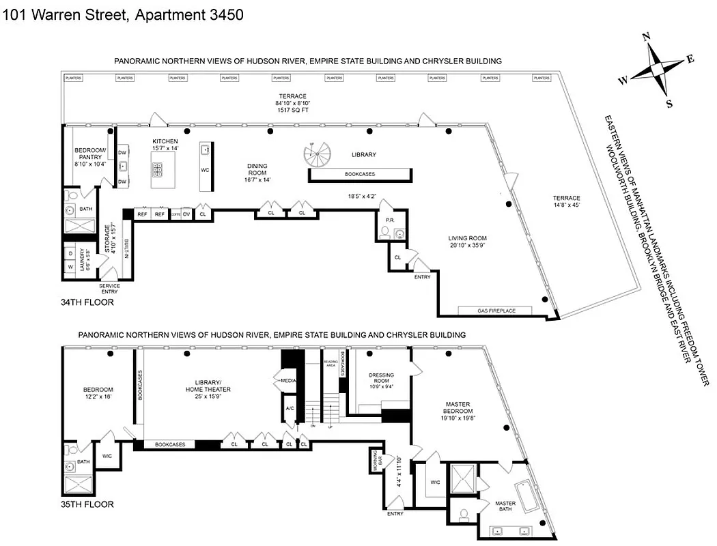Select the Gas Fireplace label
coord(496,311)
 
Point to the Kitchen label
coord(165,144)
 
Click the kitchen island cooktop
coord(158,169)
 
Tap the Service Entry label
coord(109,287)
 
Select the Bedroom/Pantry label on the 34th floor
coord(89,157)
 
